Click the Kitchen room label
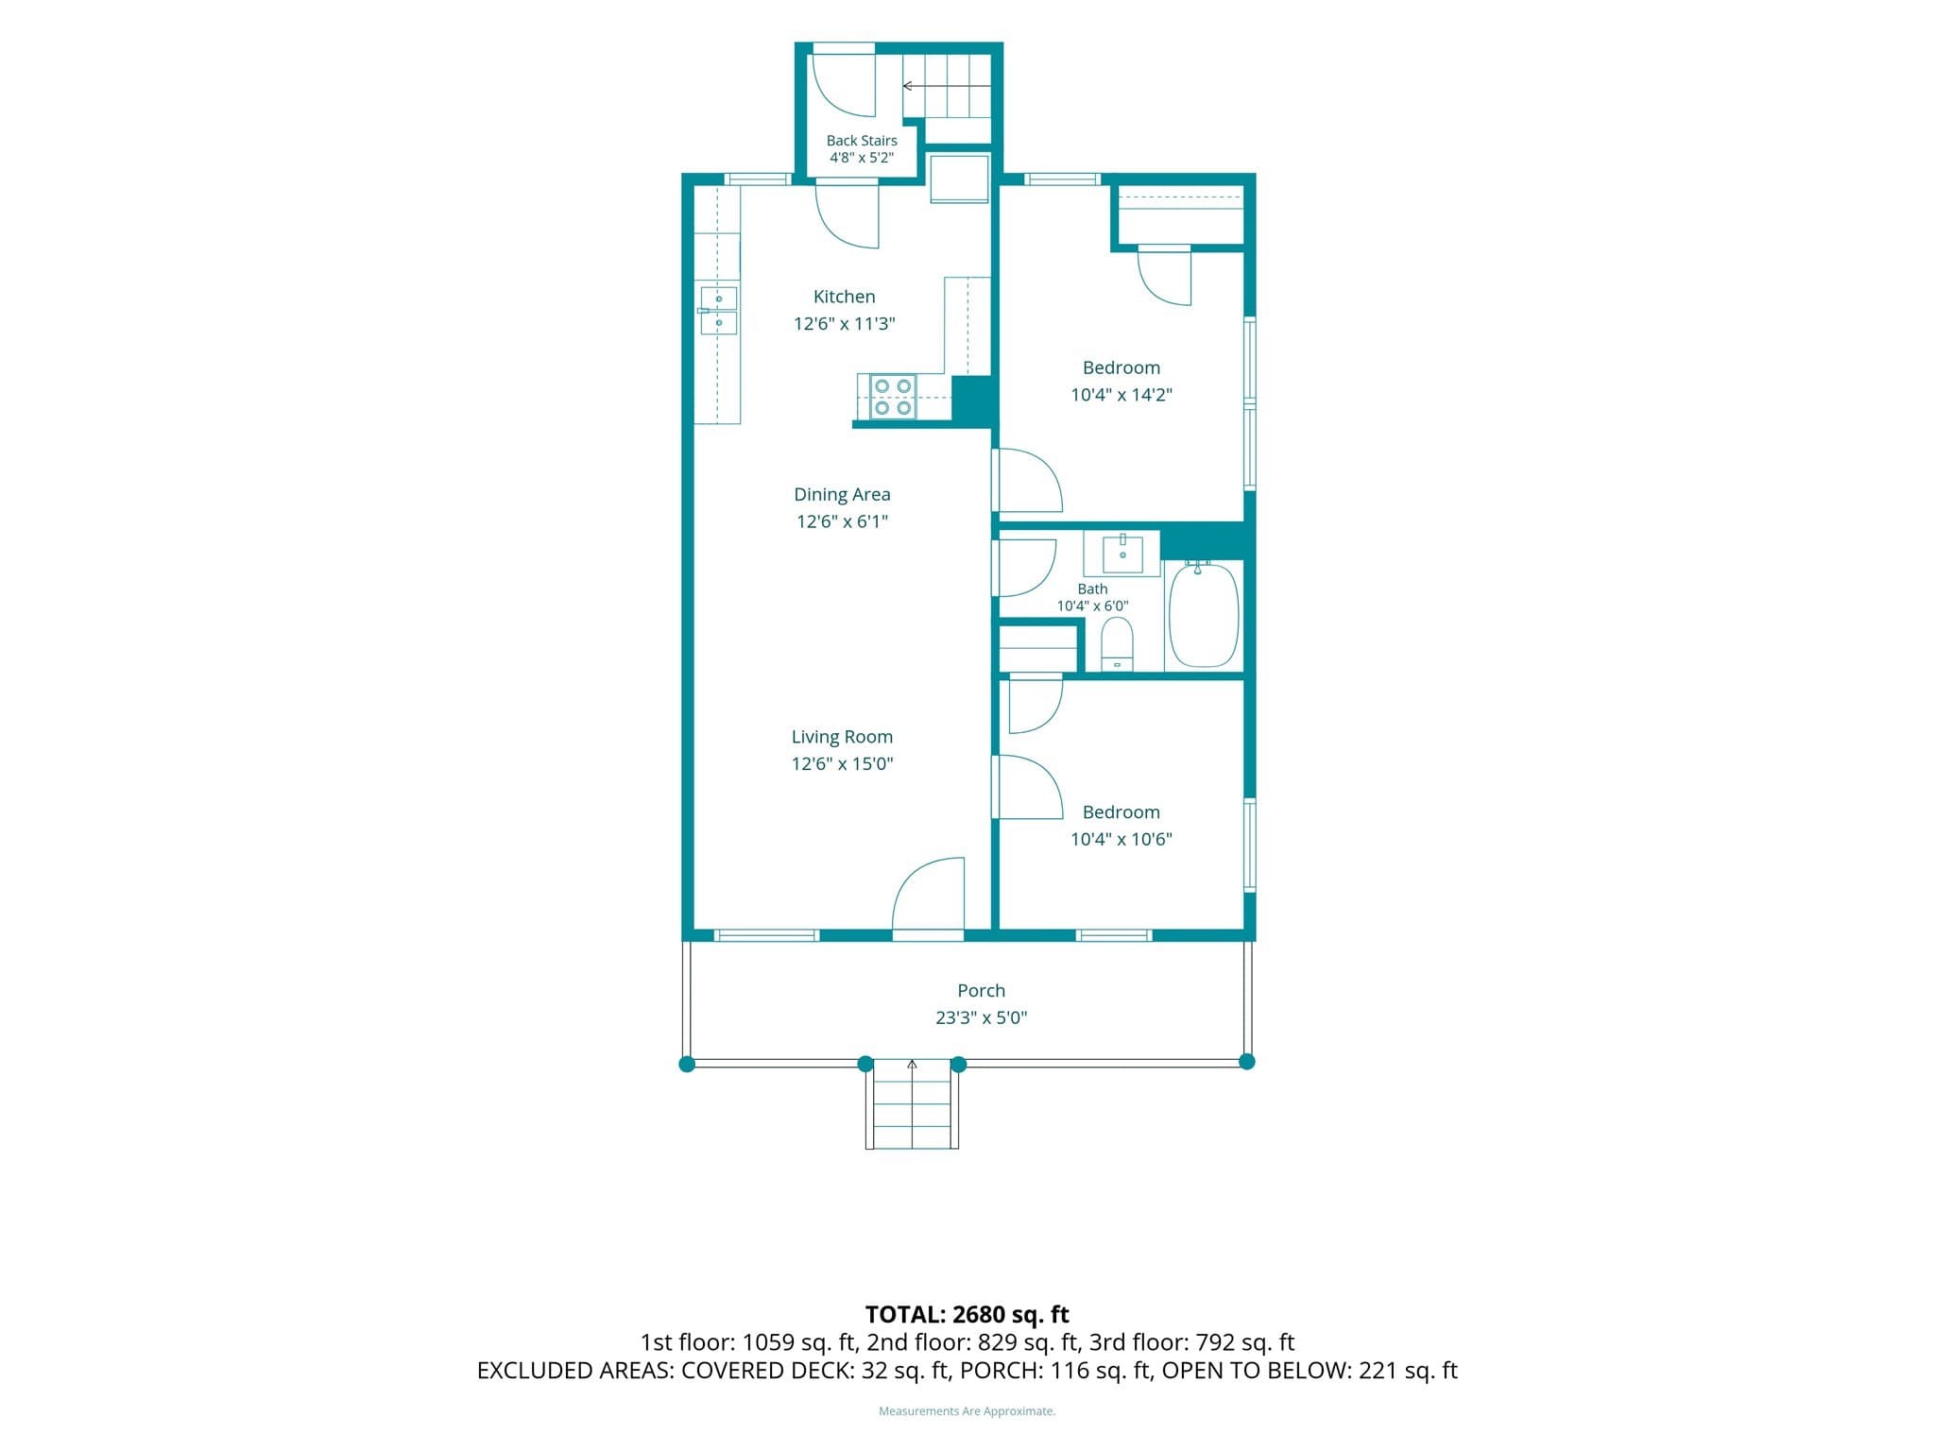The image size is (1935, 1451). click(844, 297)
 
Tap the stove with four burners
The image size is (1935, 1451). click(892, 397)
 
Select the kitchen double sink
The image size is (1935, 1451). click(718, 311)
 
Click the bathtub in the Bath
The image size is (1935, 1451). click(1204, 615)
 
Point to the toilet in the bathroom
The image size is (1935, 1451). click(1117, 644)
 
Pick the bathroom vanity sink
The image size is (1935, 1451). click(1122, 554)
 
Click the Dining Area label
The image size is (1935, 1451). click(842, 494)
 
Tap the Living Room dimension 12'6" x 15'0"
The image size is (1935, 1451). click(842, 763)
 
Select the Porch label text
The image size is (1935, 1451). click(981, 990)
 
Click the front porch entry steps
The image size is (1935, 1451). click(912, 1103)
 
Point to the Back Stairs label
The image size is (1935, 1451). click(862, 141)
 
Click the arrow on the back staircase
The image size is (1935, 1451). click(946, 86)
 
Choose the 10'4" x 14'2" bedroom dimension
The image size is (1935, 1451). click(1121, 395)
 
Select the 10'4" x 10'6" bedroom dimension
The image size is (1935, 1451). click(1121, 839)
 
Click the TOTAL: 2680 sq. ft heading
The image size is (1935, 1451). click(967, 1314)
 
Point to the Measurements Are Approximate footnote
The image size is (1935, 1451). click(967, 1411)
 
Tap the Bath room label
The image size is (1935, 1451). click(1092, 589)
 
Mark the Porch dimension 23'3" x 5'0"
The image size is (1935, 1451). click(981, 1017)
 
